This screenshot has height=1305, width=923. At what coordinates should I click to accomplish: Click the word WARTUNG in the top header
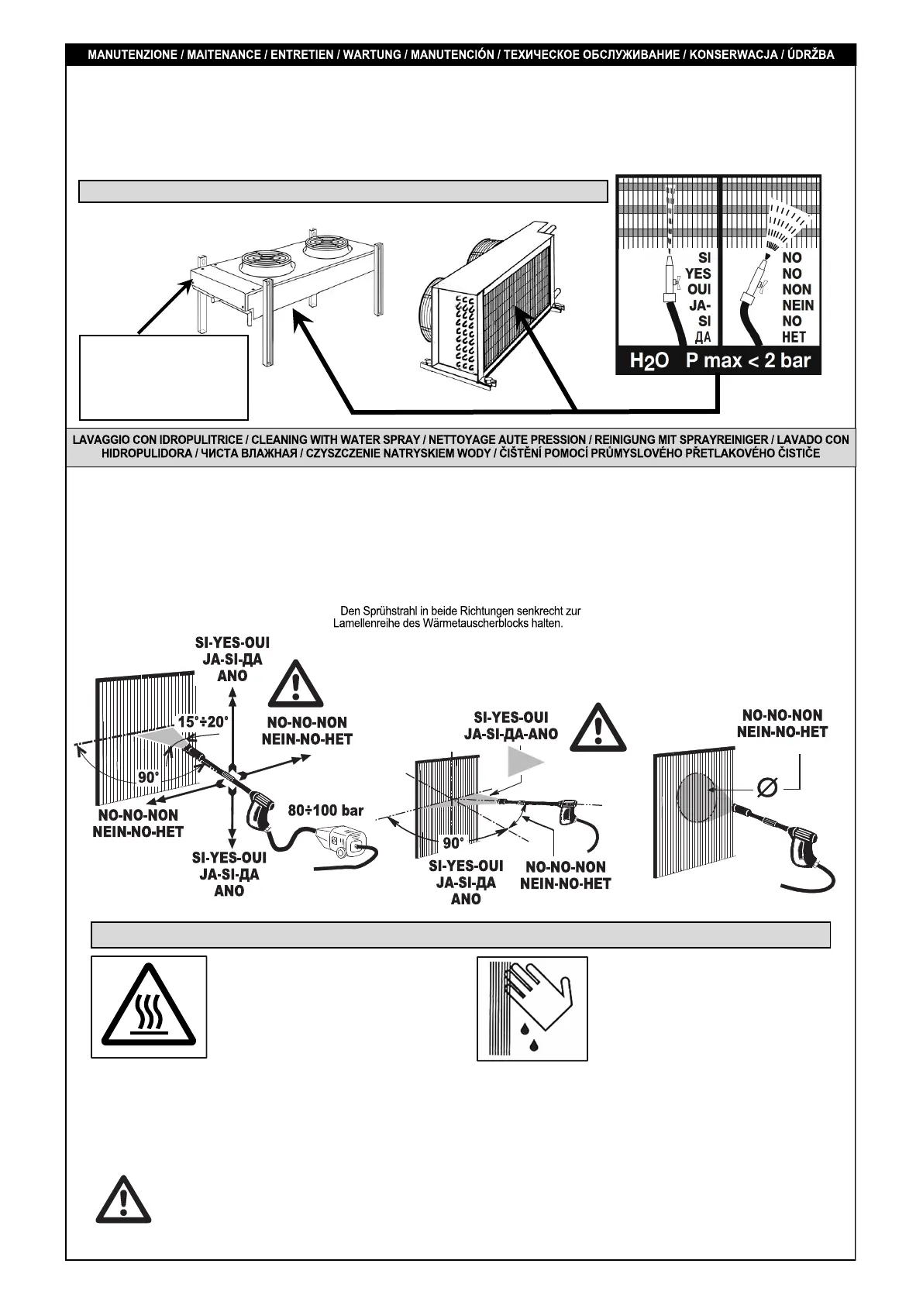372,55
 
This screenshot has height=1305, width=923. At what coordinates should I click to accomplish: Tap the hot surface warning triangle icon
149,1007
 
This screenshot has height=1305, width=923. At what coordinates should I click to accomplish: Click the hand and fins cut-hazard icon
532,1008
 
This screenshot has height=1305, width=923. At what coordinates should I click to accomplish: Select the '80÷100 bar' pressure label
325,811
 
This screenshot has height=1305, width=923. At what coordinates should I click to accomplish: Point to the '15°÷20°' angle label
203,721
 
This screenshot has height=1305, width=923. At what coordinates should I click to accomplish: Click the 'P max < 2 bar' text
748,361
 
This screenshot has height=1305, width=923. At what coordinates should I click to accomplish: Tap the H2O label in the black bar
649,361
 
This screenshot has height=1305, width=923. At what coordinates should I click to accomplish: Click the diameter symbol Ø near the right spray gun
767,787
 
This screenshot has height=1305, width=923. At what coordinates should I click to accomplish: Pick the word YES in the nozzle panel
697,274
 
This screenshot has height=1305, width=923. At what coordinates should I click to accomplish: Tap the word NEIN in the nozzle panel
797,305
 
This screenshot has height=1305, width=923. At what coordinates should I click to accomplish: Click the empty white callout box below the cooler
164,377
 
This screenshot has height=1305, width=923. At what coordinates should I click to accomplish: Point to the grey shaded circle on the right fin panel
696,797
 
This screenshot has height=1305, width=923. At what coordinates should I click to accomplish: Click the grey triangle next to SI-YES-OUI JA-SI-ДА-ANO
524,762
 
